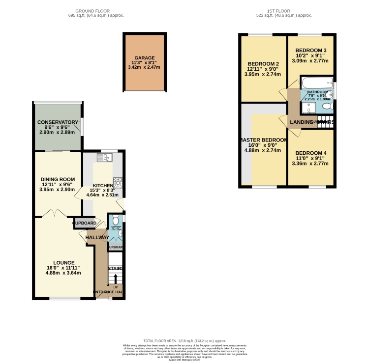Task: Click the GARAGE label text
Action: pyautogui.click(x=144, y=57)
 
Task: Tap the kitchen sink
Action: pyautogui.click(x=105, y=157)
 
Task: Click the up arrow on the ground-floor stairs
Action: pyautogui.click(x=116, y=279)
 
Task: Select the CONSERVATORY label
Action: pyautogui.click(x=58, y=122)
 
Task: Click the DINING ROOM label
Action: pyautogui.click(x=58, y=179)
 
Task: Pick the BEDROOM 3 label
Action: pyautogui.click(x=311, y=51)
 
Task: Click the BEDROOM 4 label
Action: pyautogui.click(x=311, y=153)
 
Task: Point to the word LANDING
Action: pyautogui.click(x=302, y=122)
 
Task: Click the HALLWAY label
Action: pyautogui.click(x=97, y=238)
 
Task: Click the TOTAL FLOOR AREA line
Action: pyautogui.click(x=184, y=340)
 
